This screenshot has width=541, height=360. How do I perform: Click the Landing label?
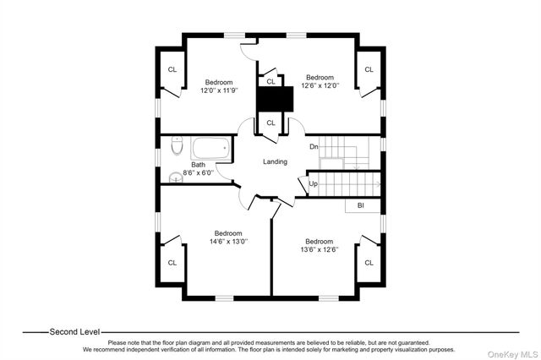275,161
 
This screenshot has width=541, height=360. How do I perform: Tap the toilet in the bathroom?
177,145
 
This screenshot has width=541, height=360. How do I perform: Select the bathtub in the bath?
210,148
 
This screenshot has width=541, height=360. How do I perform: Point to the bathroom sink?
176,177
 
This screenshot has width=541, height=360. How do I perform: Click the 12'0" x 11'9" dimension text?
219,90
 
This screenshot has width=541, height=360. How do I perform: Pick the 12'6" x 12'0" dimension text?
320,85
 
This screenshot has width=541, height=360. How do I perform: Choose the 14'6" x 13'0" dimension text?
228,242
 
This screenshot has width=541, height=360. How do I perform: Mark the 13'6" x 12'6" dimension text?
320,249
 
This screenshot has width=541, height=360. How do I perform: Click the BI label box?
363,205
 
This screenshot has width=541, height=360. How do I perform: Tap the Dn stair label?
314,146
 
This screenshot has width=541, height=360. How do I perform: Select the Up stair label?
313,183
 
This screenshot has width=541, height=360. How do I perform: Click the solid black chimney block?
275,99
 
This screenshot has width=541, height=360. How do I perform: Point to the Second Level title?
74,332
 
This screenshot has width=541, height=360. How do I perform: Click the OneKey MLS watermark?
512,354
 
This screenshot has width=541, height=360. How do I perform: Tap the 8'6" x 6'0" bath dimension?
198,172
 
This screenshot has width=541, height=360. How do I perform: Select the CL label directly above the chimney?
270,81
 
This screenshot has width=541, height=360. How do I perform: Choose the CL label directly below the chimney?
270,123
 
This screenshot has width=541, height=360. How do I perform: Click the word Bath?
198,165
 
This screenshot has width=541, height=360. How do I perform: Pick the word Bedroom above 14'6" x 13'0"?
228,233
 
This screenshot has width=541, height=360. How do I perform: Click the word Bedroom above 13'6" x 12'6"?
320,241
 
